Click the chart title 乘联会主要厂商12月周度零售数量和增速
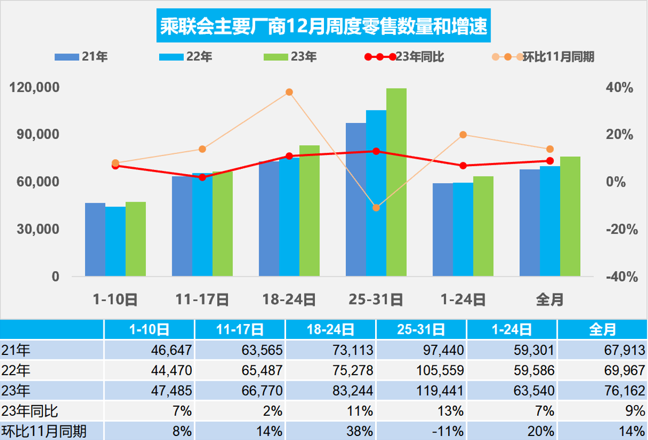tap(323, 26)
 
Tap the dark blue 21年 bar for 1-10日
tap(95, 240)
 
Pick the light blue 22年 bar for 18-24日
tap(289, 217)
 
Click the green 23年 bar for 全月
tap(570, 217)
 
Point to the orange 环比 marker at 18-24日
tap(290, 92)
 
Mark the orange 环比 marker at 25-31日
tap(376, 208)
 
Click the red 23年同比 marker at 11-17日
tap(202, 177)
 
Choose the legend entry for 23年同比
tap(404, 57)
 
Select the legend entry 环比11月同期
tap(543, 57)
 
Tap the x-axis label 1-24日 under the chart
tap(463, 299)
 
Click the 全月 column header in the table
tap(602, 330)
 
